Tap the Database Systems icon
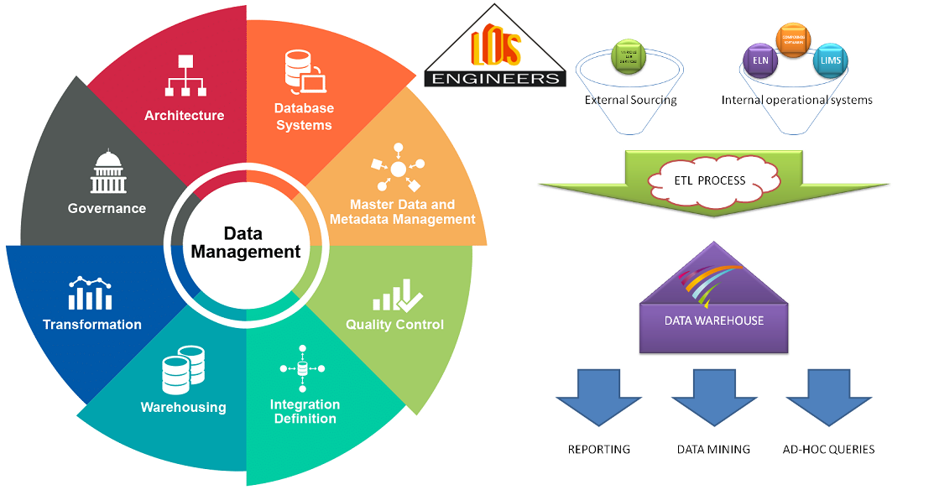pos(304,71)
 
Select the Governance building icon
pos(107,172)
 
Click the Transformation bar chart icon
pos(91,293)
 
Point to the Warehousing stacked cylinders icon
pos(183,370)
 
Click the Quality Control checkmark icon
pos(398,296)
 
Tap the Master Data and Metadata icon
pos(398,170)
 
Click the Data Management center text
pos(245,242)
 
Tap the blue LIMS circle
pos(831,60)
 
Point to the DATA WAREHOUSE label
pos(714,321)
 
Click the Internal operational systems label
pos(796,100)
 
